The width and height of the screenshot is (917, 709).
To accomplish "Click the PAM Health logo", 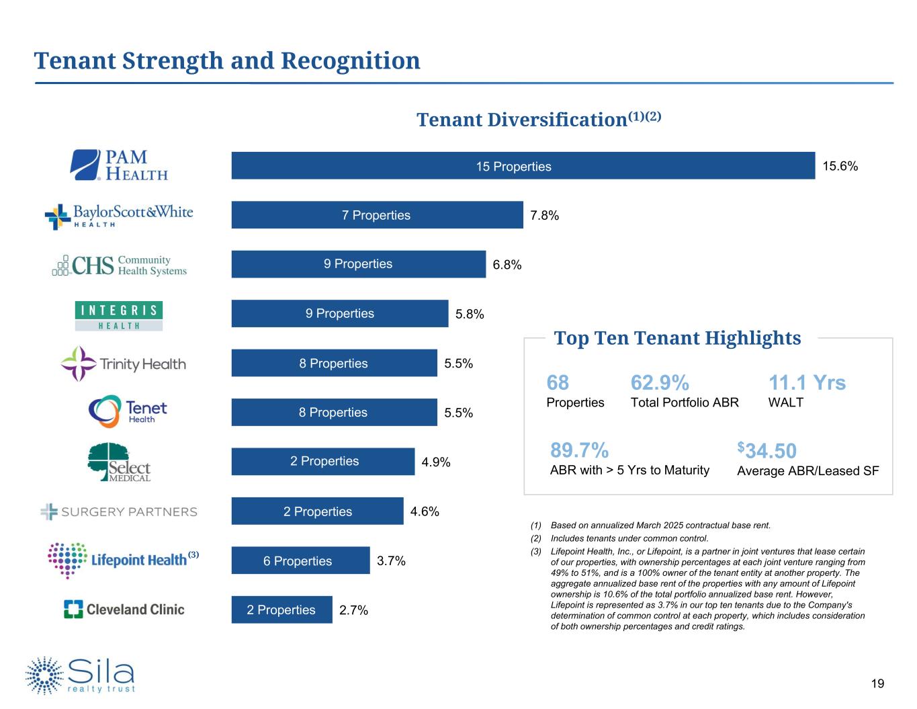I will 120,165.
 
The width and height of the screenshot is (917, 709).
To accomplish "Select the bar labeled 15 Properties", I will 523,166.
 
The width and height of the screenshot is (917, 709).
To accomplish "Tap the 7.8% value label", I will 544,216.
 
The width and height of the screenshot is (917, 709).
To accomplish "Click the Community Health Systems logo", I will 120,265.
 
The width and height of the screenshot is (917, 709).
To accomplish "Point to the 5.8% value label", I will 470,314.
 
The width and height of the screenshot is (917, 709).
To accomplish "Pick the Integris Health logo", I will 118,316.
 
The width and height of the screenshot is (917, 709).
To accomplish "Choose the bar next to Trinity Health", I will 334,364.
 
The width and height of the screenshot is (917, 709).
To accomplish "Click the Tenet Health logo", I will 128,411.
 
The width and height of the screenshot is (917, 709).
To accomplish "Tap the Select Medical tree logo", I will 120,462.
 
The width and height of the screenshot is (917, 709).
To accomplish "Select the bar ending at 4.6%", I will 317,511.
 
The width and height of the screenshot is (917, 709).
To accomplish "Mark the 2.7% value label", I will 353,610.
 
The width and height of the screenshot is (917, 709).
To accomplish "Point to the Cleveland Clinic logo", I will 124,610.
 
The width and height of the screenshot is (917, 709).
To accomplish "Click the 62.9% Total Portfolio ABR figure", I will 660,383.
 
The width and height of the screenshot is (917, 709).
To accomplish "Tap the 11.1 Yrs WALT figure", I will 807,383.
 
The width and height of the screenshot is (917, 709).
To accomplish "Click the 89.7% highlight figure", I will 579,450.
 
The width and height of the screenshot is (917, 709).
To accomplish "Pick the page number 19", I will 877,684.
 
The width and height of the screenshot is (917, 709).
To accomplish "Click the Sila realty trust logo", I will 81,675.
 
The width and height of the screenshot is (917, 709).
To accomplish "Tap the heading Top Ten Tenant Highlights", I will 677,338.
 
